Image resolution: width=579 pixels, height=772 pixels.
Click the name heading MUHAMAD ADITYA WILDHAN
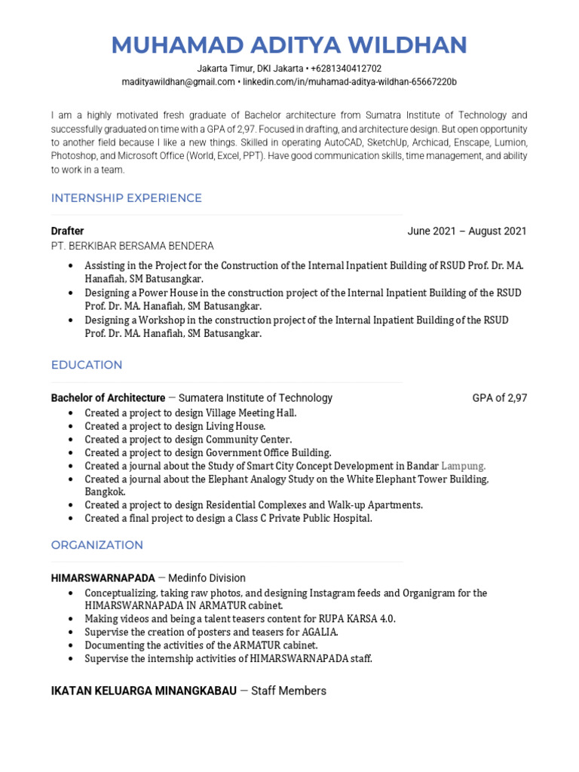click(x=289, y=44)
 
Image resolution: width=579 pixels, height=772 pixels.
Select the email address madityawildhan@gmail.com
click(x=178, y=81)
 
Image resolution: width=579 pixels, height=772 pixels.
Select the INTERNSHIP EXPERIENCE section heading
click(x=126, y=198)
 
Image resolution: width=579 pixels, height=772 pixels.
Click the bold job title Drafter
click(x=67, y=231)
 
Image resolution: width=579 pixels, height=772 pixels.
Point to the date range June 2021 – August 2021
click(x=467, y=231)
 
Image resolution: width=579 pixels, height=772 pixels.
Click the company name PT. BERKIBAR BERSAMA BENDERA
click(x=132, y=246)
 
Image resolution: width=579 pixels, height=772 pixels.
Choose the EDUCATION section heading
click(x=86, y=365)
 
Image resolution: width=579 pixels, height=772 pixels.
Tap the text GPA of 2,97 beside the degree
click(x=499, y=398)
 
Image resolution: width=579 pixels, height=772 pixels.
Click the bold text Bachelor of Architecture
click(x=108, y=398)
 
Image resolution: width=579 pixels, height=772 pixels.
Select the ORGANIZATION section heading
click(x=96, y=545)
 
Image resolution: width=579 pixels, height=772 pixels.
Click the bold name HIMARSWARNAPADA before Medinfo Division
click(x=103, y=578)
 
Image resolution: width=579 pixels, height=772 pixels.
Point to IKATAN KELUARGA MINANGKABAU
click(x=143, y=691)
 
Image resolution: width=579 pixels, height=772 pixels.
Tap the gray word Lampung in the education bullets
click(x=463, y=466)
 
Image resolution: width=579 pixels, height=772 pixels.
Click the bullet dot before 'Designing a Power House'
click(x=70, y=293)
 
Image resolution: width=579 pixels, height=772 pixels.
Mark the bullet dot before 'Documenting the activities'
click(x=70, y=645)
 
